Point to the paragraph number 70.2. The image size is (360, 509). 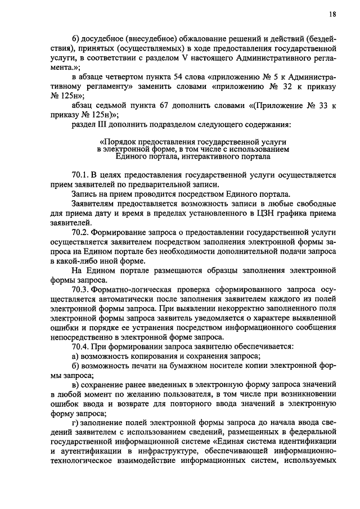point(82,232)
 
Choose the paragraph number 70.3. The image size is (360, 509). point(82,287)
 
